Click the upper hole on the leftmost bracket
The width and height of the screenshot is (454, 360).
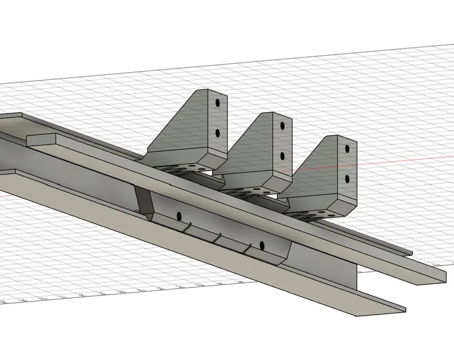tap(218, 104)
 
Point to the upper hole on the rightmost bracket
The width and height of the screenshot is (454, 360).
tap(347, 149)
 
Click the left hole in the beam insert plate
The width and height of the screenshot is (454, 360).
tap(179, 216)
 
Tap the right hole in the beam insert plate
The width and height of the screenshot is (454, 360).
tap(261, 245)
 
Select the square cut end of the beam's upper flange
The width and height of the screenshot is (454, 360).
tap(434, 275)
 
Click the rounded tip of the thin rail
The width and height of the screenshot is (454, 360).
tap(410, 252)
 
